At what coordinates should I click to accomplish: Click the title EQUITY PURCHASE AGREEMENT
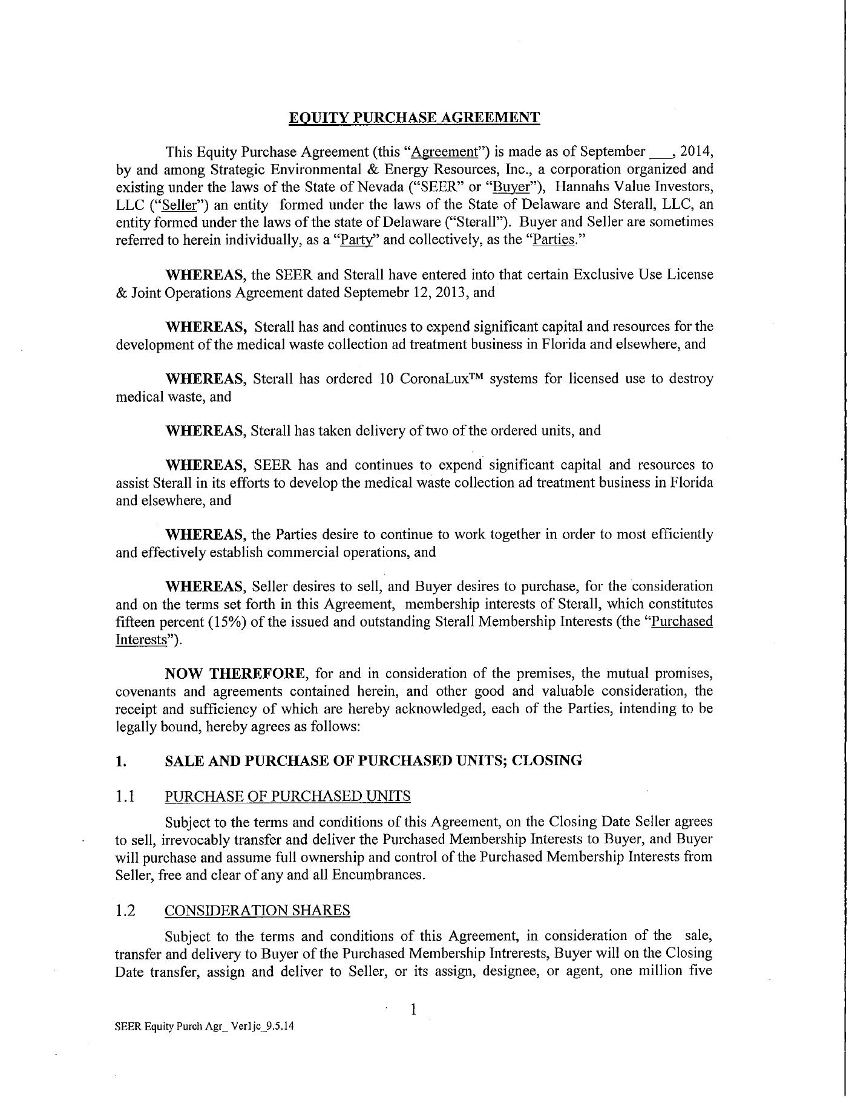click(414, 117)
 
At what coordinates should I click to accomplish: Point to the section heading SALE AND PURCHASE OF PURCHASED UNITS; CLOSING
click(373, 760)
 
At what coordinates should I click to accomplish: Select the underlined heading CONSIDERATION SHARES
click(257, 910)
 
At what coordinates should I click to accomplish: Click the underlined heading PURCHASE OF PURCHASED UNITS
click(287, 796)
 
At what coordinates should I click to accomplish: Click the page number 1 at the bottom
click(413, 1009)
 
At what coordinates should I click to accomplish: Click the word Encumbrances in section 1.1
click(384, 875)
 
